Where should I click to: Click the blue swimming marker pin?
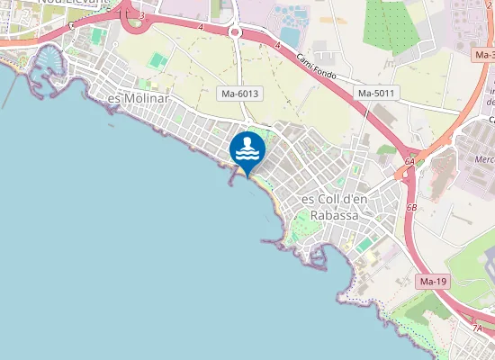[x=247, y=149]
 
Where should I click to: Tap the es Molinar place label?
[x=138, y=97]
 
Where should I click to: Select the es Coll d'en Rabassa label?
[x=329, y=207]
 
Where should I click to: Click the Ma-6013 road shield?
[x=240, y=93]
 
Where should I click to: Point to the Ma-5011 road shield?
[x=376, y=93]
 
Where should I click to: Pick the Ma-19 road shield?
[x=433, y=282]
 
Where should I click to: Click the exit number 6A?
[x=409, y=161]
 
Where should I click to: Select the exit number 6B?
[x=412, y=207]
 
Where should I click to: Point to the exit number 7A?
[x=477, y=328]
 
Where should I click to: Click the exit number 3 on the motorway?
[x=142, y=15]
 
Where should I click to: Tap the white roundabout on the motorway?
[x=236, y=31]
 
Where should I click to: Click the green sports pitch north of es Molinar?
[x=158, y=61]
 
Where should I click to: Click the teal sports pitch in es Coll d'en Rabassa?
[x=364, y=243]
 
